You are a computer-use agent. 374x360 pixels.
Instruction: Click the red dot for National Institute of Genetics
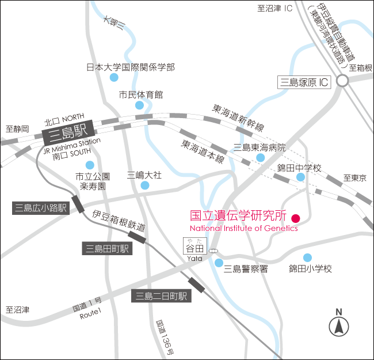[296, 218]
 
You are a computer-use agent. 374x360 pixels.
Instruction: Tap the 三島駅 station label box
[63, 137]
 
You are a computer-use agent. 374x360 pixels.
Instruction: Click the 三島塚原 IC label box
[304, 82]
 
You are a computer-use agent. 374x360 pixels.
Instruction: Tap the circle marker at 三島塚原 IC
[343, 82]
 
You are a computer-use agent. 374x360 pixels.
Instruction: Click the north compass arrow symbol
[338, 327]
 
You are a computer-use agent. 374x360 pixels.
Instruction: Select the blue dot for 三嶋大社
[144, 185]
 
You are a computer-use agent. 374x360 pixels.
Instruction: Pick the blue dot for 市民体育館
[139, 105]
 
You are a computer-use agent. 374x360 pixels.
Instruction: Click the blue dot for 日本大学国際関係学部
[114, 77]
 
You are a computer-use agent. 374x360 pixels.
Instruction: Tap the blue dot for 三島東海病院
[261, 158]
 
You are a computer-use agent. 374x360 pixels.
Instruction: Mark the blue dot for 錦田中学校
[300, 177]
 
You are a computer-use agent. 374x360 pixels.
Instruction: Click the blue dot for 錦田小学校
[308, 257]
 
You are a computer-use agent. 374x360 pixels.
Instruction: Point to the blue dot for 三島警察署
[219, 263]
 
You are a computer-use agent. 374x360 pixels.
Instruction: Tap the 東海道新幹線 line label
[238, 117]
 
